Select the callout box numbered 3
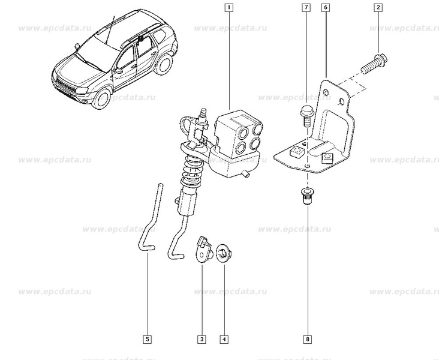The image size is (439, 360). pos(202,340)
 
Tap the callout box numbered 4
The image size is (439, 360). pos(224,340)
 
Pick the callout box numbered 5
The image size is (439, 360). pos(147,340)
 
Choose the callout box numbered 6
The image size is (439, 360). pos(324,8)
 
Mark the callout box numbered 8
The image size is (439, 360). pos(307,340)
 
